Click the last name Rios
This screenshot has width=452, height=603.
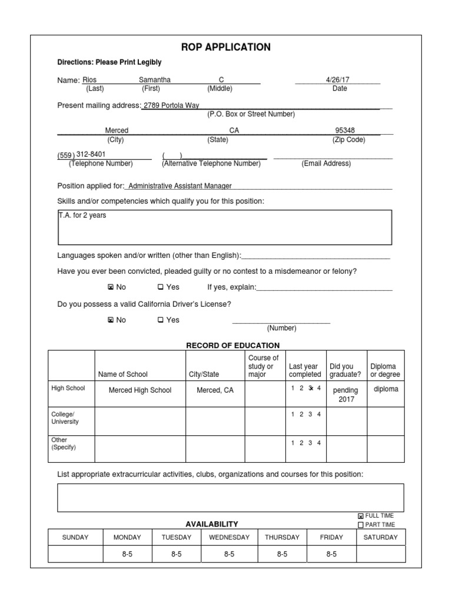point(89,79)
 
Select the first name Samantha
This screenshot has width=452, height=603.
point(155,79)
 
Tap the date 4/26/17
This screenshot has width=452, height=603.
point(337,79)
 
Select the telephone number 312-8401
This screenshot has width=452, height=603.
point(94,155)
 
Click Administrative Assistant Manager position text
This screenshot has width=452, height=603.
point(180,186)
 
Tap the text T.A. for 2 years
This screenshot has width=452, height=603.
point(82,216)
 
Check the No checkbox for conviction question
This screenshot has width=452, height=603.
point(110,287)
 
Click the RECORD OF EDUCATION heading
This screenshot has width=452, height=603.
point(233,346)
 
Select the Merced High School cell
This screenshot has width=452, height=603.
point(140,390)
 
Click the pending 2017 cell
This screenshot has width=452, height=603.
point(345,395)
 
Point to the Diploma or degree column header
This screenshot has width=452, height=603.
point(385,370)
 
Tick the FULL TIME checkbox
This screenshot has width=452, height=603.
point(361,516)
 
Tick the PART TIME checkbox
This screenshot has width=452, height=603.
point(361,525)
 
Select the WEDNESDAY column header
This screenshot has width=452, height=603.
point(229,537)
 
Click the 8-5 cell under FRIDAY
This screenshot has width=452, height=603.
point(331,554)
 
